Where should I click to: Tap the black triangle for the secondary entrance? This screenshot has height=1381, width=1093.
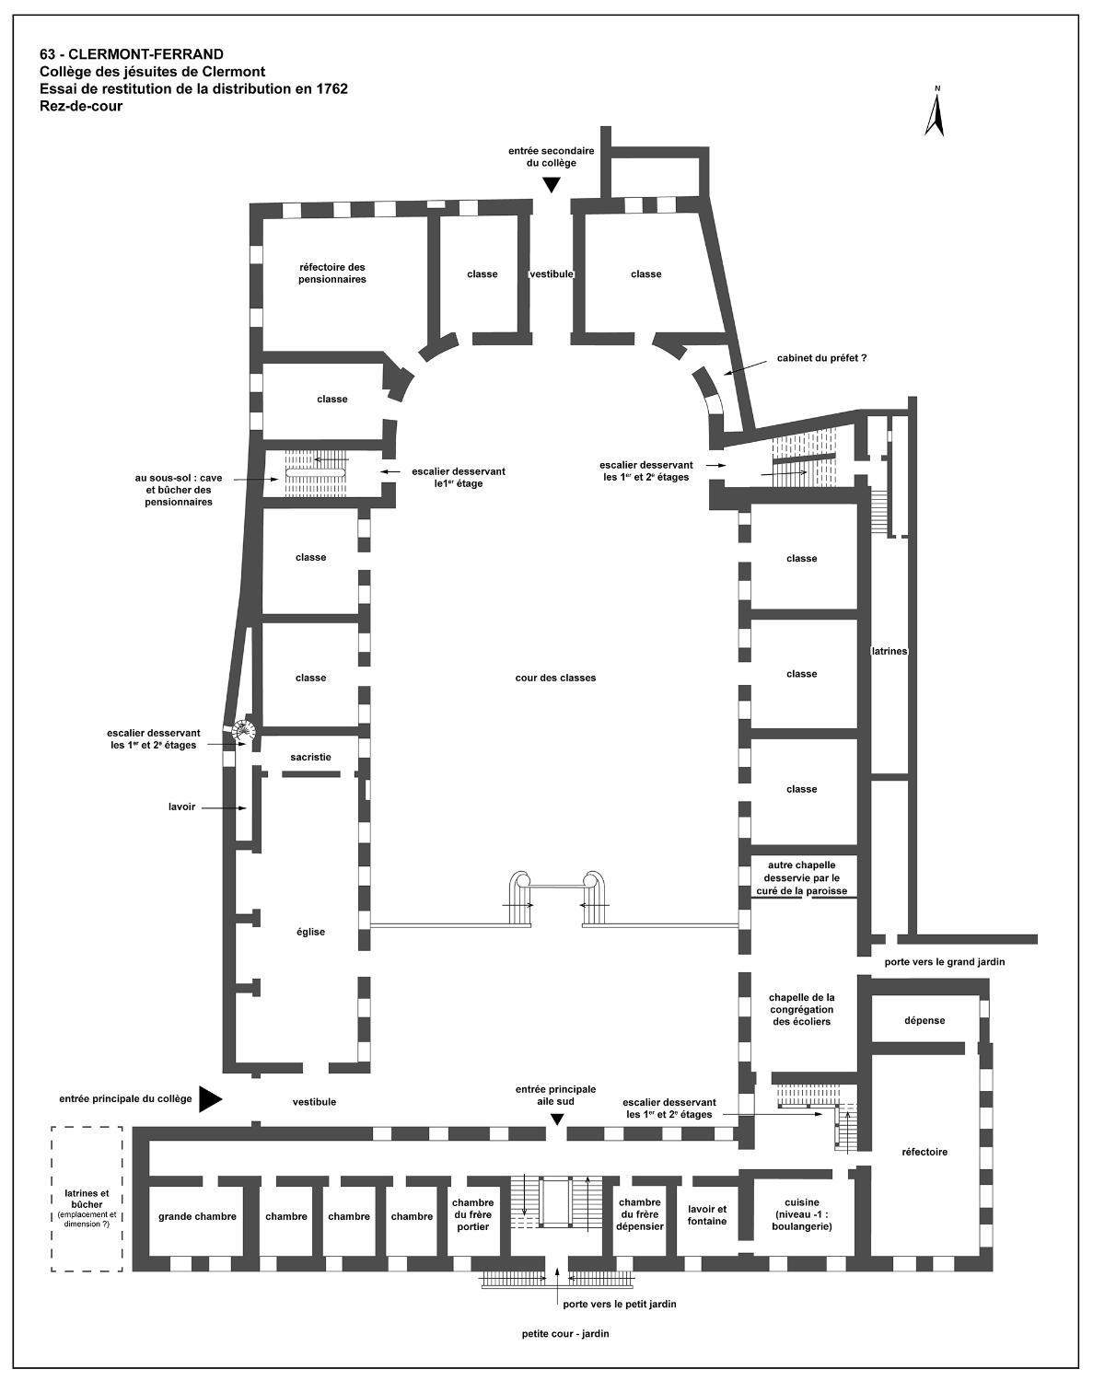tap(552, 185)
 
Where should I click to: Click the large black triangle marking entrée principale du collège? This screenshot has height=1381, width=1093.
tap(210, 1098)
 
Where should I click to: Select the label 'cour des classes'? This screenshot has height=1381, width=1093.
tap(555, 678)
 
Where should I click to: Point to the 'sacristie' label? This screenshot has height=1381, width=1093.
tap(310, 757)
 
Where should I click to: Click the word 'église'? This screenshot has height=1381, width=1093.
tap(310, 932)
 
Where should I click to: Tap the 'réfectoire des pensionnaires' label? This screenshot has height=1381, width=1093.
tap(331, 273)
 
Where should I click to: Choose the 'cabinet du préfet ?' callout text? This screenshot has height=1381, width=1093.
tap(821, 358)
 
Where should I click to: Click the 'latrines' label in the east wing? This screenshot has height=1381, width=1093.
tap(890, 651)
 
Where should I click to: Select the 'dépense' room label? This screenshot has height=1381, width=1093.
tap(924, 1020)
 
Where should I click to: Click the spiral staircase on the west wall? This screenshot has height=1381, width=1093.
tap(245, 730)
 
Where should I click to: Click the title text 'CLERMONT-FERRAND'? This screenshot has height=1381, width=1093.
tap(146, 54)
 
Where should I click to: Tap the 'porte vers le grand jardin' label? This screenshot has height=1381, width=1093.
tap(944, 962)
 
